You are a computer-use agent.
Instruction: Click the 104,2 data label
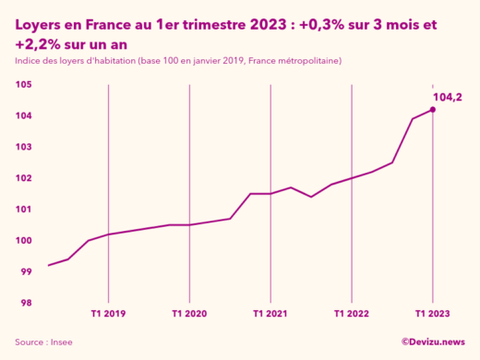click(447, 95)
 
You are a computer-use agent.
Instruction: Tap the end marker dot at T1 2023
click(432, 110)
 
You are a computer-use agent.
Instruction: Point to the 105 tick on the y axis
click(25, 85)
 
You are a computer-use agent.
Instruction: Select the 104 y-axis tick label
click(25, 116)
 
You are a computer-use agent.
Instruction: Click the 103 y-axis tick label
click(25, 148)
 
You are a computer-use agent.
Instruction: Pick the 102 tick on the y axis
click(25, 178)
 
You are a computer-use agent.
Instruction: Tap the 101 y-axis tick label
click(25, 210)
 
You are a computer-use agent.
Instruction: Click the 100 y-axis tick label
click(25, 241)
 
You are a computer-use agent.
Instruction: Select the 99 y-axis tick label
click(27, 272)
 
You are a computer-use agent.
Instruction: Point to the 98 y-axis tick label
click(27, 303)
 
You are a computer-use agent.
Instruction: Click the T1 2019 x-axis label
click(108, 314)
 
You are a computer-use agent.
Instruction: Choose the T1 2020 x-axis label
click(189, 314)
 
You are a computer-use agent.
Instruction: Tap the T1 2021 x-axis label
click(270, 314)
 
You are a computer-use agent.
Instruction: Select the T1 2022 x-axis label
click(351, 314)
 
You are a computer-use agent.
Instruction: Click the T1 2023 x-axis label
click(432, 314)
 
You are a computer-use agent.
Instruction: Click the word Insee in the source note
click(61, 342)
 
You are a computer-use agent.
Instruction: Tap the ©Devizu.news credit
click(433, 342)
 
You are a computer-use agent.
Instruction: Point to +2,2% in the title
click(38, 43)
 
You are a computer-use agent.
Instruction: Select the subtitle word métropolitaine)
click(306, 61)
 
